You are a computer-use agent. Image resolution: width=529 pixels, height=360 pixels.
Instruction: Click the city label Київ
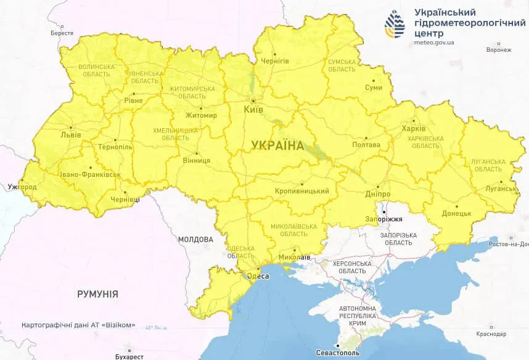click(254, 109)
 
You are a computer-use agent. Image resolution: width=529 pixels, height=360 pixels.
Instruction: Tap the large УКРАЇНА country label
click(277, 145)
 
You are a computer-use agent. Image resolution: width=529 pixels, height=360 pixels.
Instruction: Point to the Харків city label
click(413, 128)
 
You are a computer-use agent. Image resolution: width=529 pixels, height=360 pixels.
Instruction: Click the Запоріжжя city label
click(384, 219)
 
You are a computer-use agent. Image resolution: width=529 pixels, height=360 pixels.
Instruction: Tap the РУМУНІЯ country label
click(97, 294)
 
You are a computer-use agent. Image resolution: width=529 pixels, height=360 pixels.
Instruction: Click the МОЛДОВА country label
click(195, 239)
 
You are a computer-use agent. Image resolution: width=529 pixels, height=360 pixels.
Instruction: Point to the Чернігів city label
click(274, 61)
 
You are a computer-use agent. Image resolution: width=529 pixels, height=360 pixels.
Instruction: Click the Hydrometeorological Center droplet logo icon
click(395, 23)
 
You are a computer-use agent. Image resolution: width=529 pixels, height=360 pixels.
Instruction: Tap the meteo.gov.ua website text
click(435, 43)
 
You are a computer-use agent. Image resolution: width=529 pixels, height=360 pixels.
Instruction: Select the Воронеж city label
click(498, 50)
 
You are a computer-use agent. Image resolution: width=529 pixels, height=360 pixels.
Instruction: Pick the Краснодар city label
click(491, 333)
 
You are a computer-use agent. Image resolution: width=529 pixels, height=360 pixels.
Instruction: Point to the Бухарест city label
click(129, 356)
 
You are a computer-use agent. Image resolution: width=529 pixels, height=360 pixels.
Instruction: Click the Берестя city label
click(62, 33)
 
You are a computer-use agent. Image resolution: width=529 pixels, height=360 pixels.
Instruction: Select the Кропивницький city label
click(301, 191)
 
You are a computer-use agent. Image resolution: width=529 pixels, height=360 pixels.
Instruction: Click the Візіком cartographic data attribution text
click(78, 325)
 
